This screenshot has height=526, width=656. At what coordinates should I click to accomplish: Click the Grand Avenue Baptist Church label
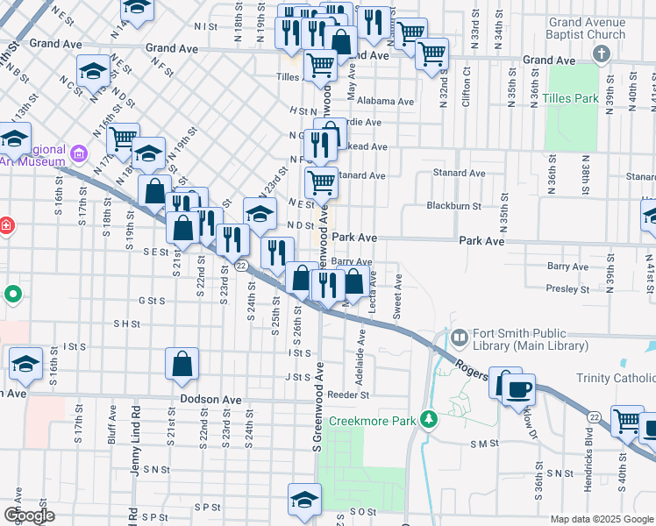(x=587, y=28)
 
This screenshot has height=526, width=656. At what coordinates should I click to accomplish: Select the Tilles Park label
(x=570, y=98)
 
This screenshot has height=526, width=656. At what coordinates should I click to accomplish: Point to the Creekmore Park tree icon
(x=428, y=421)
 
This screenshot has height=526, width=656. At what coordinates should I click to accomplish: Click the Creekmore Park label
(x=371, y=422)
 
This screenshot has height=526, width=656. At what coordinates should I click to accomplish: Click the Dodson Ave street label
(x=210, y=398)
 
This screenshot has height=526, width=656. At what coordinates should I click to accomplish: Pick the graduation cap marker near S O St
(x=303, y=499)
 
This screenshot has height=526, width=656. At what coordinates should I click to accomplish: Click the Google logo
(x=30, y=515)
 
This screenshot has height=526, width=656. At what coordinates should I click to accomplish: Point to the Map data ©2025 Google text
(x=602, y=519)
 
